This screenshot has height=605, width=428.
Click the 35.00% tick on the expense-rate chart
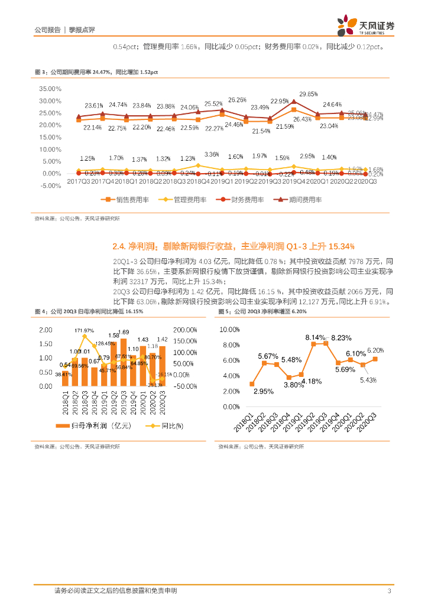[50, 89]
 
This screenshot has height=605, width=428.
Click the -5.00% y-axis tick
[50, 186]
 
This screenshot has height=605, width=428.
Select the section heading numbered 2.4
[233, 246]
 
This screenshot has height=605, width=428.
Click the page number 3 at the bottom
[389, 591]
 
